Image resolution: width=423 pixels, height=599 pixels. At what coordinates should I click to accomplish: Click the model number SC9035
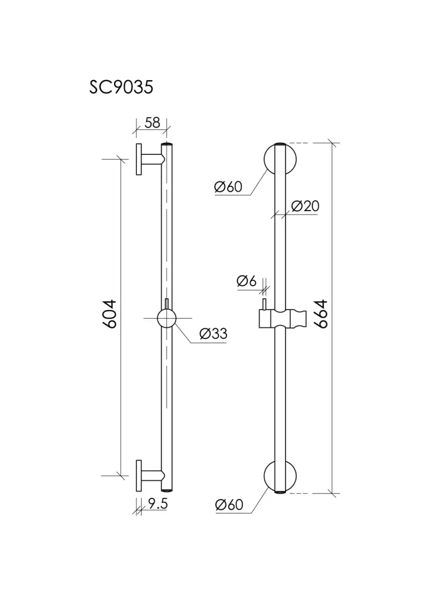coord(121,87)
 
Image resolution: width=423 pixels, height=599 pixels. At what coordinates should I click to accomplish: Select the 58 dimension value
coord(152,123)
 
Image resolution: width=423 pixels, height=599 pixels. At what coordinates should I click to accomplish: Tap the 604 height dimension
coord(109,314)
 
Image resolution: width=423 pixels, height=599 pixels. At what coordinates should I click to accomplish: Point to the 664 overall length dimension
coord(321,314)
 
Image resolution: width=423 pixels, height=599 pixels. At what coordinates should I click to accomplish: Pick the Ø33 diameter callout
coord(213,334)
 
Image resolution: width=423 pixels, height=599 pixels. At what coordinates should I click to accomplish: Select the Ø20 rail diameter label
coord(305,206)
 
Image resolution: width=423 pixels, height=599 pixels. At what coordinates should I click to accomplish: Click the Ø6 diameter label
coord(246,281)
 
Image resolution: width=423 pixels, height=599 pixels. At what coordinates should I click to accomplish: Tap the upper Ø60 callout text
coord(228,187)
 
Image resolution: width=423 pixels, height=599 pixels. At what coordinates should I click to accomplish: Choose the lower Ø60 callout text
coord(229,505)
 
